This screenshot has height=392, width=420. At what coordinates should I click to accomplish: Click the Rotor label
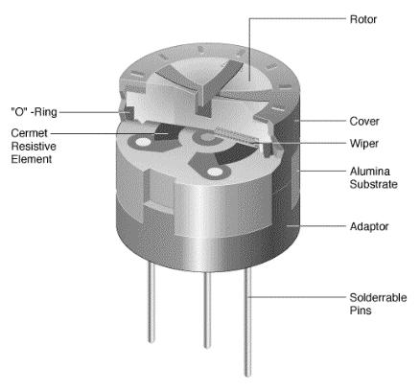[363, 19]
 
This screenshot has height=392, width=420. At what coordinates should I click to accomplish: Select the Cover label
[364, 122]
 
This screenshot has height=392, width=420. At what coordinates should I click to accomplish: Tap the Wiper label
[363, 144]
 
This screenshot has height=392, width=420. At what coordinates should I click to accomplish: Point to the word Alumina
[370, 172]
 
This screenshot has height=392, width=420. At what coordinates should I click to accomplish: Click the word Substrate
[373, 184]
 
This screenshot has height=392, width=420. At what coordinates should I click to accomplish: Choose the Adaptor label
[369, 227]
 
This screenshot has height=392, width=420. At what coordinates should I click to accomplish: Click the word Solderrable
[378, 298]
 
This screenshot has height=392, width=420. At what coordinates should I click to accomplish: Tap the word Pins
[361, 311]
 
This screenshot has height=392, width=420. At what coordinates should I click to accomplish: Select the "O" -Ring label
[35, 112]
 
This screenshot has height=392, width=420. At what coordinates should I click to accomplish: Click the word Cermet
[29, 133]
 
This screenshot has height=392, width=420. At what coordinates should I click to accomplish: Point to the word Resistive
[34, 147]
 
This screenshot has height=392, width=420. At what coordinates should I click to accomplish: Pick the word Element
[32, 159]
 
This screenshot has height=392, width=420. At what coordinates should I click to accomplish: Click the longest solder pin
[247, 323]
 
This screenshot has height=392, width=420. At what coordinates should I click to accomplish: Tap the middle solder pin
[207, 310]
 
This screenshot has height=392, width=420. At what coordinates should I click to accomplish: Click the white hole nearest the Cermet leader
[143, 142]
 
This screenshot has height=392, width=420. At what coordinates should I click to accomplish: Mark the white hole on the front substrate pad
[215, 173]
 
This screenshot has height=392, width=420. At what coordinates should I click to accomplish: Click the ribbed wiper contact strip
[237, 135]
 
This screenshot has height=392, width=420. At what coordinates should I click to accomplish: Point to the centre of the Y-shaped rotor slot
[202, 90]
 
